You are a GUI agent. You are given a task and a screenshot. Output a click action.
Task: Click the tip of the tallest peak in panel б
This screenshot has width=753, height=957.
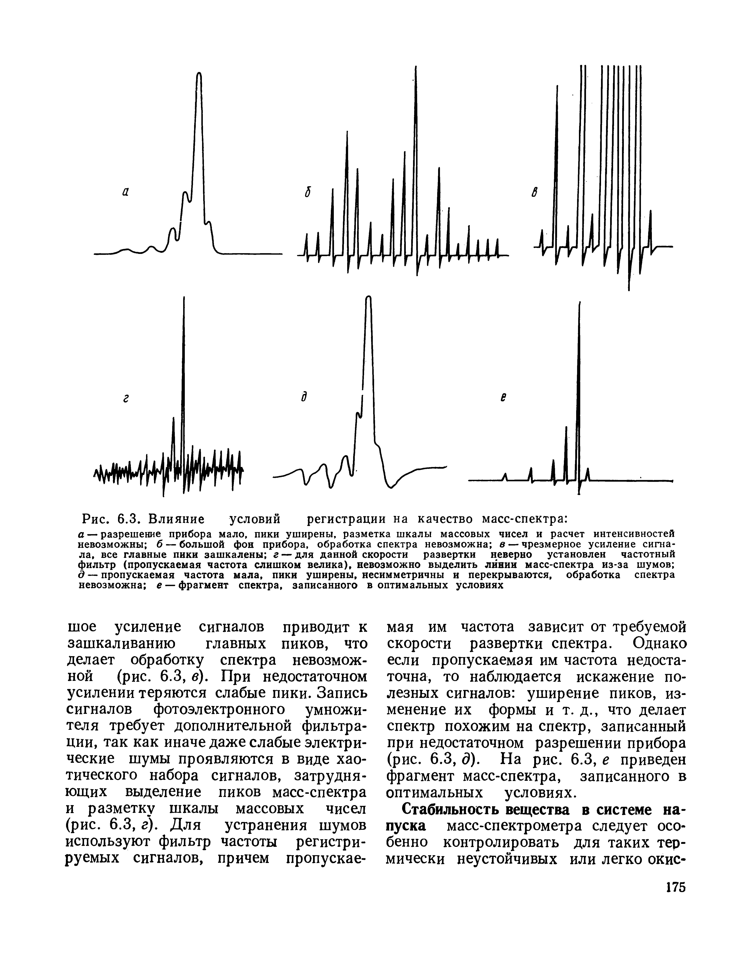(416, 67)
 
